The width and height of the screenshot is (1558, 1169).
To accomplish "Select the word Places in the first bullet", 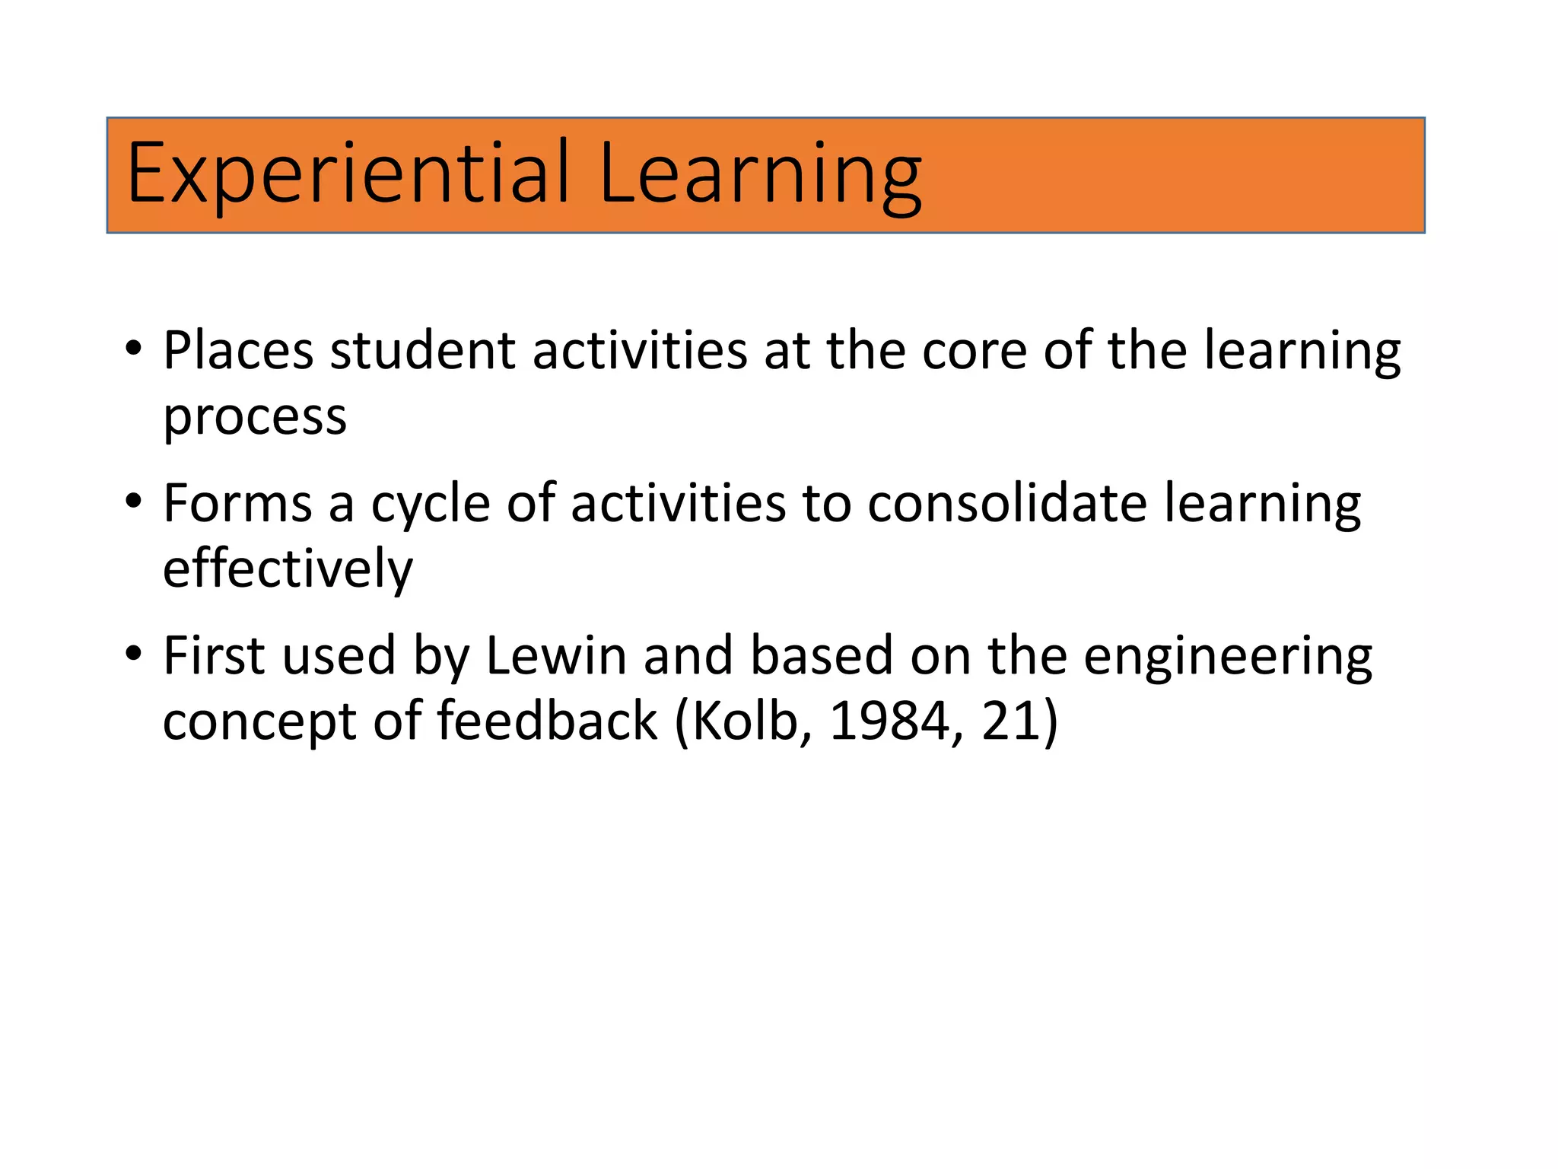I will point(238,351).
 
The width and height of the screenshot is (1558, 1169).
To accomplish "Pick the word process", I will point(255,417).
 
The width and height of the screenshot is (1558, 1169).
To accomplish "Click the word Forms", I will point(237,504).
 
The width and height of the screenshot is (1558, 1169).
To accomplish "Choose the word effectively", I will point(288,569).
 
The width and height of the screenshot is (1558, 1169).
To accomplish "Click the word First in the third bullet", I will point(215,655).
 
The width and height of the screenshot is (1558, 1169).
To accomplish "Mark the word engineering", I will point(1228,657).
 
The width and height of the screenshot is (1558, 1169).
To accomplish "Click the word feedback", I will point(547,721).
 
